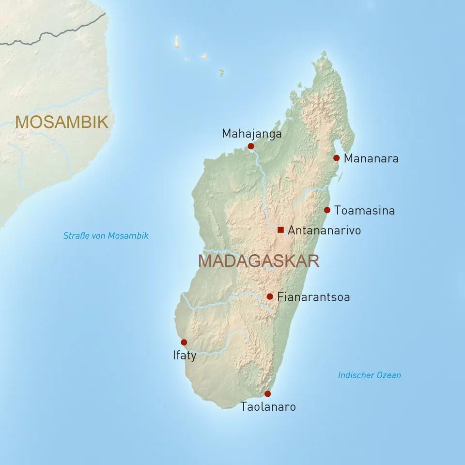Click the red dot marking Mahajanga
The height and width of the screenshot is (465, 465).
click(251, 146)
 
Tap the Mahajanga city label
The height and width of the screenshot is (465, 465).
click(251, 134)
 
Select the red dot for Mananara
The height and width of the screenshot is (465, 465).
click(337, 158)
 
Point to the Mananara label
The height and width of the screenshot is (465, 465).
click(371, 158)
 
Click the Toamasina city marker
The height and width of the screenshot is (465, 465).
click(327, 210)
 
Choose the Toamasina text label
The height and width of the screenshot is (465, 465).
click(364, 211)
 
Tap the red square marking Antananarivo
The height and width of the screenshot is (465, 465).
click(280, 230)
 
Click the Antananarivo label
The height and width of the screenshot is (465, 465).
click(324, 231)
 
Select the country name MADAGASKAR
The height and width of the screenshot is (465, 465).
click(259, 261)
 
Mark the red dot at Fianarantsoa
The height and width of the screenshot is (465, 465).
click(270, 296)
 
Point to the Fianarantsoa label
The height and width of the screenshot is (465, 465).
click(313, 297)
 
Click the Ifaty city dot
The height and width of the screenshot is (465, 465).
click(184, 342)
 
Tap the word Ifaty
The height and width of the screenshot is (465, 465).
click(185, 356)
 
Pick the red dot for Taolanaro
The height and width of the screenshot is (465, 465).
click(267, 394)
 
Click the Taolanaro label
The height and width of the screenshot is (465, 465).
click(268, 407)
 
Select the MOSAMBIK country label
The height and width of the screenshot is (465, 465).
click(62, 122)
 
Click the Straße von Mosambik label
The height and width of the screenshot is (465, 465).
click(106, 236)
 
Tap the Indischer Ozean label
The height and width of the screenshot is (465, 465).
click(369, 375)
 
